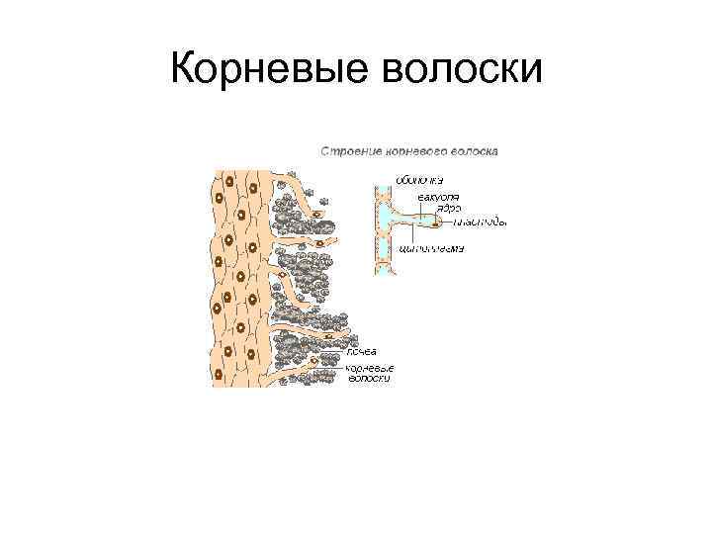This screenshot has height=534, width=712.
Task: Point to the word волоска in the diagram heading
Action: (x=473, y=151)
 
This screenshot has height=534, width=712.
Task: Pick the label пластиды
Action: (x=480, y=222)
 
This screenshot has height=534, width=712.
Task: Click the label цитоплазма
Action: (x=430, y=248)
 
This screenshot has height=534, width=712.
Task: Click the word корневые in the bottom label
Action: (x=369, y=367)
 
